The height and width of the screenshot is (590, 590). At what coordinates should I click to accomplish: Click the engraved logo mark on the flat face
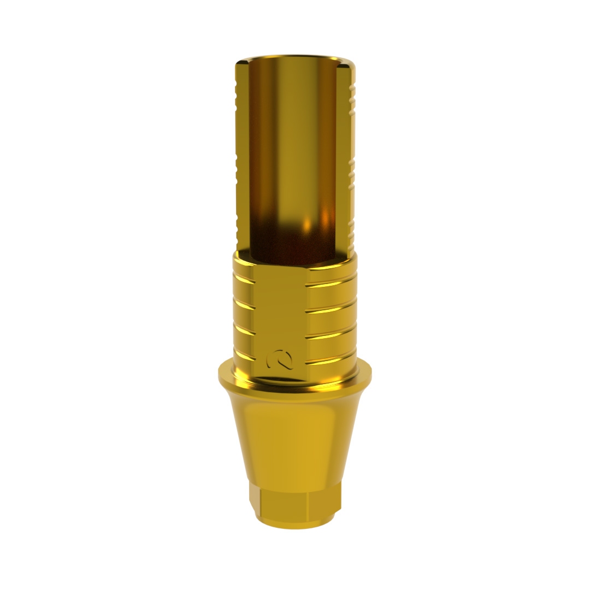pyautogui.click(x=279, y=359)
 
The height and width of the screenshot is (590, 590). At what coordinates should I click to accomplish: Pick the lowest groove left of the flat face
pyautogui.click(x=244, y=356)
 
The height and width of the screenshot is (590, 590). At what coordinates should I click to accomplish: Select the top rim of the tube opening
pyautogui.click(x=295, y=58)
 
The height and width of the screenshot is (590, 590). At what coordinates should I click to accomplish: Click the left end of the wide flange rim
pyautogui.click(x=222, y=374)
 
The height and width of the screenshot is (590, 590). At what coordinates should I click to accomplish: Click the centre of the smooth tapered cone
pyautogui.click(x=295, y=437)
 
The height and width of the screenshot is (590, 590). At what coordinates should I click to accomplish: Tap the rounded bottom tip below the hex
pyautogui.click(x=295, y=523)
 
